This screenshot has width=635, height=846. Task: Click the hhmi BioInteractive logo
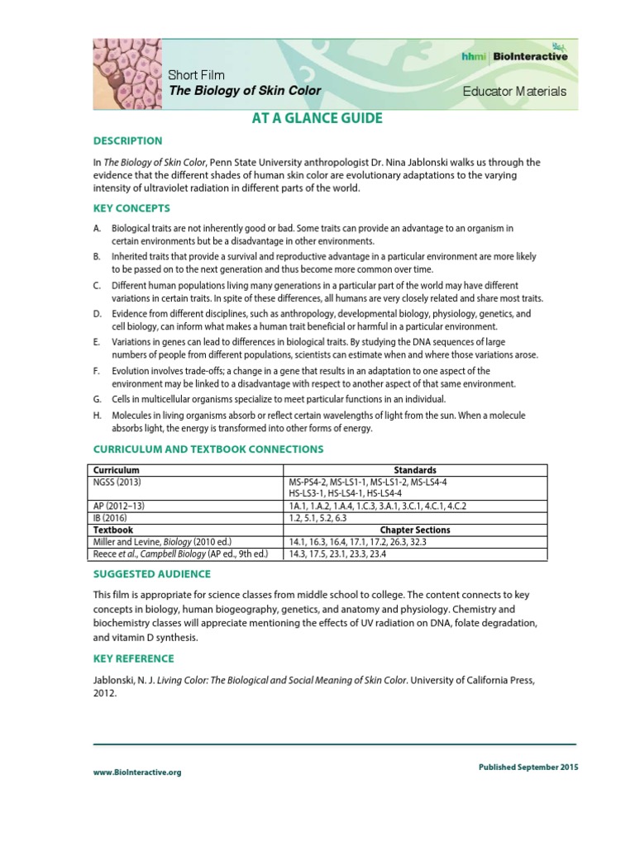(514, 56)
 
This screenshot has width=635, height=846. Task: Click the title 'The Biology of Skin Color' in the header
(245, 91)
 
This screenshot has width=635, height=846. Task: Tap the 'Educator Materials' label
(514, 92)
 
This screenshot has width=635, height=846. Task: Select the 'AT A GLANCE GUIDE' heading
(317, 118)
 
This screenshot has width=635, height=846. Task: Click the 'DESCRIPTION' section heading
(127, 140)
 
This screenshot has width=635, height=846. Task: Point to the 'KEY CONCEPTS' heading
(131, 208)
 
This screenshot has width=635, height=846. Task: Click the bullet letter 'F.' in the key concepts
(97, 371)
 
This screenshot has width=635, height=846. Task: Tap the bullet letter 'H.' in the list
(97, 416)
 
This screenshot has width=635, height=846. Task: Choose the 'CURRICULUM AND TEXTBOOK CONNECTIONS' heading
(208, 449)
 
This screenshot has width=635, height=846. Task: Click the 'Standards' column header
(414, 470)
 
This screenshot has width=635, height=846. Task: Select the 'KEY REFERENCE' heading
(133, 658)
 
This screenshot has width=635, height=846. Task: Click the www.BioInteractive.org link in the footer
(136, 772)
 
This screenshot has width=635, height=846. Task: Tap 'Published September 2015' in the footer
(528, 767)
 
